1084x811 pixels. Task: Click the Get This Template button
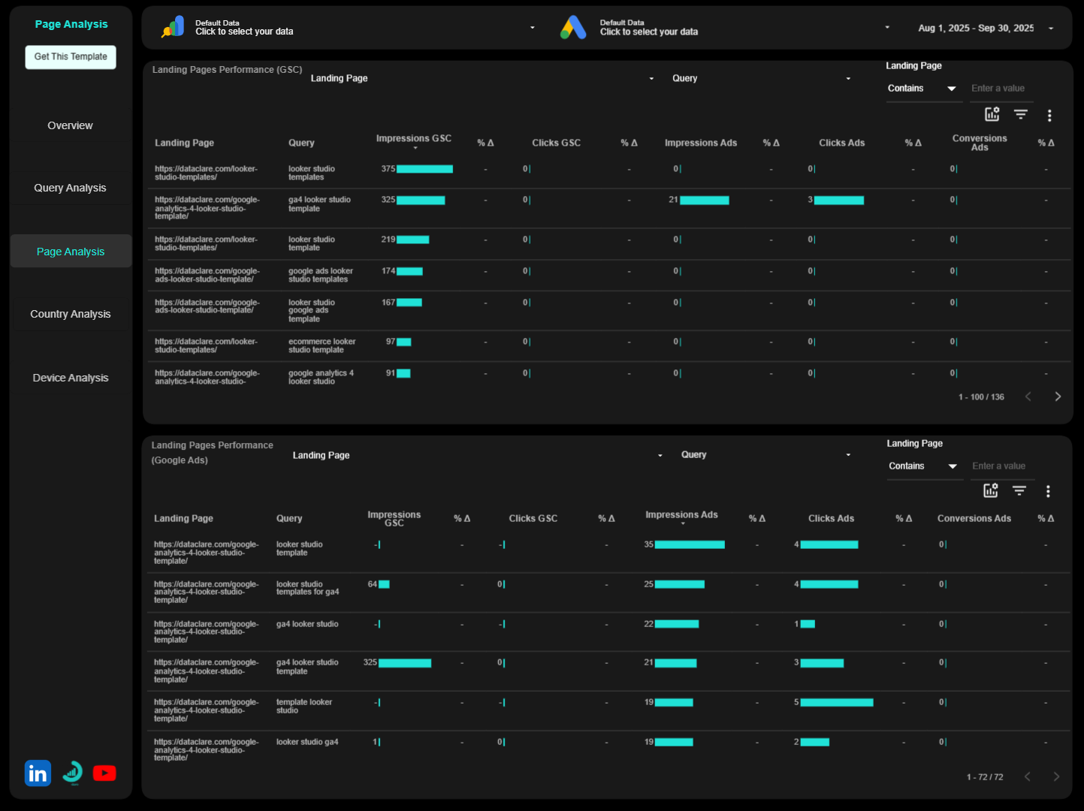coord(71,57)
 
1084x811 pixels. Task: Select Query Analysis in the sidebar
coord(70,188)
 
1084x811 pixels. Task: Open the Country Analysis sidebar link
coord(70,314)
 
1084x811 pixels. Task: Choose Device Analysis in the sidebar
coord(70,378)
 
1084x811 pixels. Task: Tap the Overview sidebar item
coord(70,125)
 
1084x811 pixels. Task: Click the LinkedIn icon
coord(38,773)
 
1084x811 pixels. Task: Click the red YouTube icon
coord(104,773)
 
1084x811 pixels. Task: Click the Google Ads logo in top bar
coord(573,28)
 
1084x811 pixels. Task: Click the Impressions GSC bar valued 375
coord(424,169)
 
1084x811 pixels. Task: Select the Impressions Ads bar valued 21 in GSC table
coord(704,200)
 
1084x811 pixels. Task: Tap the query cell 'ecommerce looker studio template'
coord(322,345)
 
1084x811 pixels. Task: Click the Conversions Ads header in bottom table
coord(974,518)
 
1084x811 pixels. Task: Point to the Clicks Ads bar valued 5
coord(836,703)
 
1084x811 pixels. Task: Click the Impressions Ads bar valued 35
coord(689,545)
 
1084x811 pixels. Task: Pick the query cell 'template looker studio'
coord(303,706)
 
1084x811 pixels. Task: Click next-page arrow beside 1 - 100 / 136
coord(1058,396)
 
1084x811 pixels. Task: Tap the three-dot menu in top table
coord(1049,116)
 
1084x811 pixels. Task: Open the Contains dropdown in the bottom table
coord(922,466)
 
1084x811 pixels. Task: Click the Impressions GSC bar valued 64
coord(384,584)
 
